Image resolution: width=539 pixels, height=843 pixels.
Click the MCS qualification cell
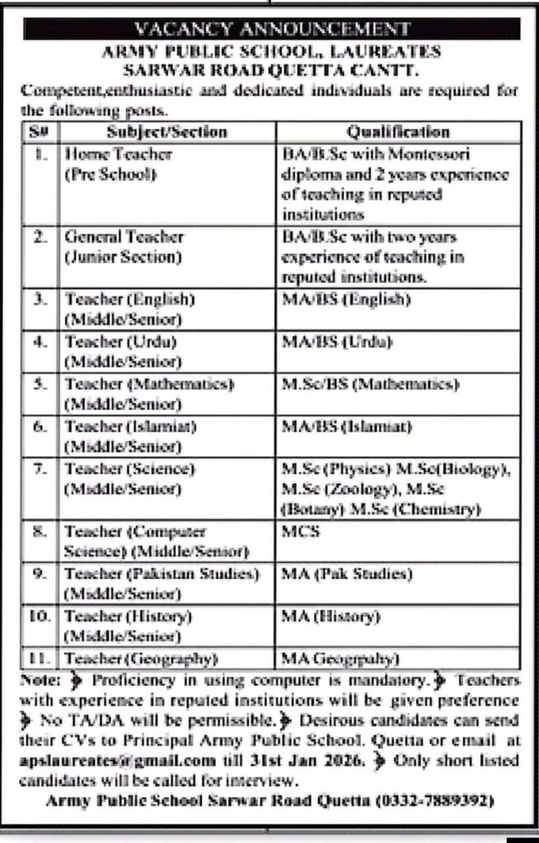tap(296, 532)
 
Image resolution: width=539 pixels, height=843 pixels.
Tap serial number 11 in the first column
tap(40, 658)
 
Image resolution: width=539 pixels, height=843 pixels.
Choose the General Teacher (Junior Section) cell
tap(123, 245)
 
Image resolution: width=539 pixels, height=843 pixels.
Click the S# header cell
tap(38, 132)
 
